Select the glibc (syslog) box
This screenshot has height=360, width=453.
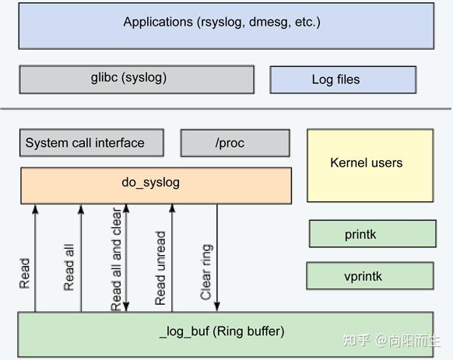coord(136,79)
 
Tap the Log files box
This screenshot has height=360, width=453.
coord(342,79)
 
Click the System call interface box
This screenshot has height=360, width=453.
coord(92,143)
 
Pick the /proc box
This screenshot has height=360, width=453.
coord(235,143)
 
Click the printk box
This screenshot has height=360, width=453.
coord(372,234)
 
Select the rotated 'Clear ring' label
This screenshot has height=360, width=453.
coord(206,272)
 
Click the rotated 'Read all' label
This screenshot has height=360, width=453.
coord(69,267)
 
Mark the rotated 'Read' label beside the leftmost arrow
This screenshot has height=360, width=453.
coord(25,273)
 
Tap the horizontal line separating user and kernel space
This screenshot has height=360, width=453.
coord(226,109)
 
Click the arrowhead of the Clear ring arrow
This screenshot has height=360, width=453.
coord(217,307)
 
